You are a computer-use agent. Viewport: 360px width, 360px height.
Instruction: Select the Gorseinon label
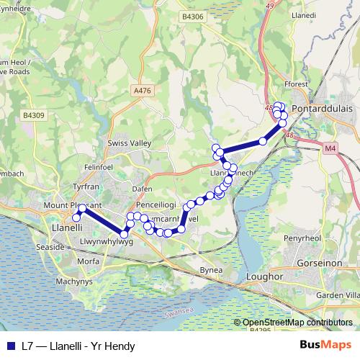[323, 264]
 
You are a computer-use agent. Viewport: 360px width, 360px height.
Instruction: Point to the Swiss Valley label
[129, 143]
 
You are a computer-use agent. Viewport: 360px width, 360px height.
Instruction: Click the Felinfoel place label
[99, 167]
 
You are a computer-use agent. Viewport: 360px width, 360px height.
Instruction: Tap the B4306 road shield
[193, 17]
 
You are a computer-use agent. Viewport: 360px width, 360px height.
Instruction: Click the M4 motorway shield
[330, 148]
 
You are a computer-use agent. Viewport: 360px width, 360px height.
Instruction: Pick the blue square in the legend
[10, 346]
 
